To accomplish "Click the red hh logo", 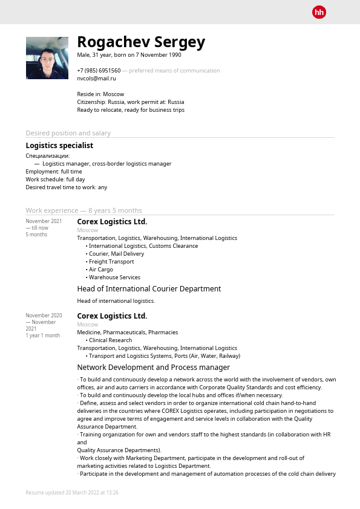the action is [319, 12].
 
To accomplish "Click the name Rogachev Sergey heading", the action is [141, 42].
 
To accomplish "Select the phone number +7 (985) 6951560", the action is [99, 71].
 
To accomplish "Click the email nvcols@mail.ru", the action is [96, 79].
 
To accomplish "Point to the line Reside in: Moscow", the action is [100, 94].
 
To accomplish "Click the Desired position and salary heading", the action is [68, 133].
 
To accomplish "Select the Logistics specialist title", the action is [59, 146].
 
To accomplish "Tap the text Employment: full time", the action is [54, 172].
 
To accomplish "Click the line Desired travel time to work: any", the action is [66, 187].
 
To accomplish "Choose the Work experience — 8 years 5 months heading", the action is [83, 210].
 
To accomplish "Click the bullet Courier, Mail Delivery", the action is [116, 254].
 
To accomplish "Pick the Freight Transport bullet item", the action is [111, 262].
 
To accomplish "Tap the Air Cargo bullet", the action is [100, 270].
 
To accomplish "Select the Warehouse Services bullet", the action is [114, 277].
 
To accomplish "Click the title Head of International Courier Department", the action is [149, 289].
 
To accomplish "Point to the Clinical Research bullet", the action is [110, 340].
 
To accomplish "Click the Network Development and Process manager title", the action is [153, 368].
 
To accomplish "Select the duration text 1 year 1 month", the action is [42, 336].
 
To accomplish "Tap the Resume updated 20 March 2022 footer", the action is [72, 493].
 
